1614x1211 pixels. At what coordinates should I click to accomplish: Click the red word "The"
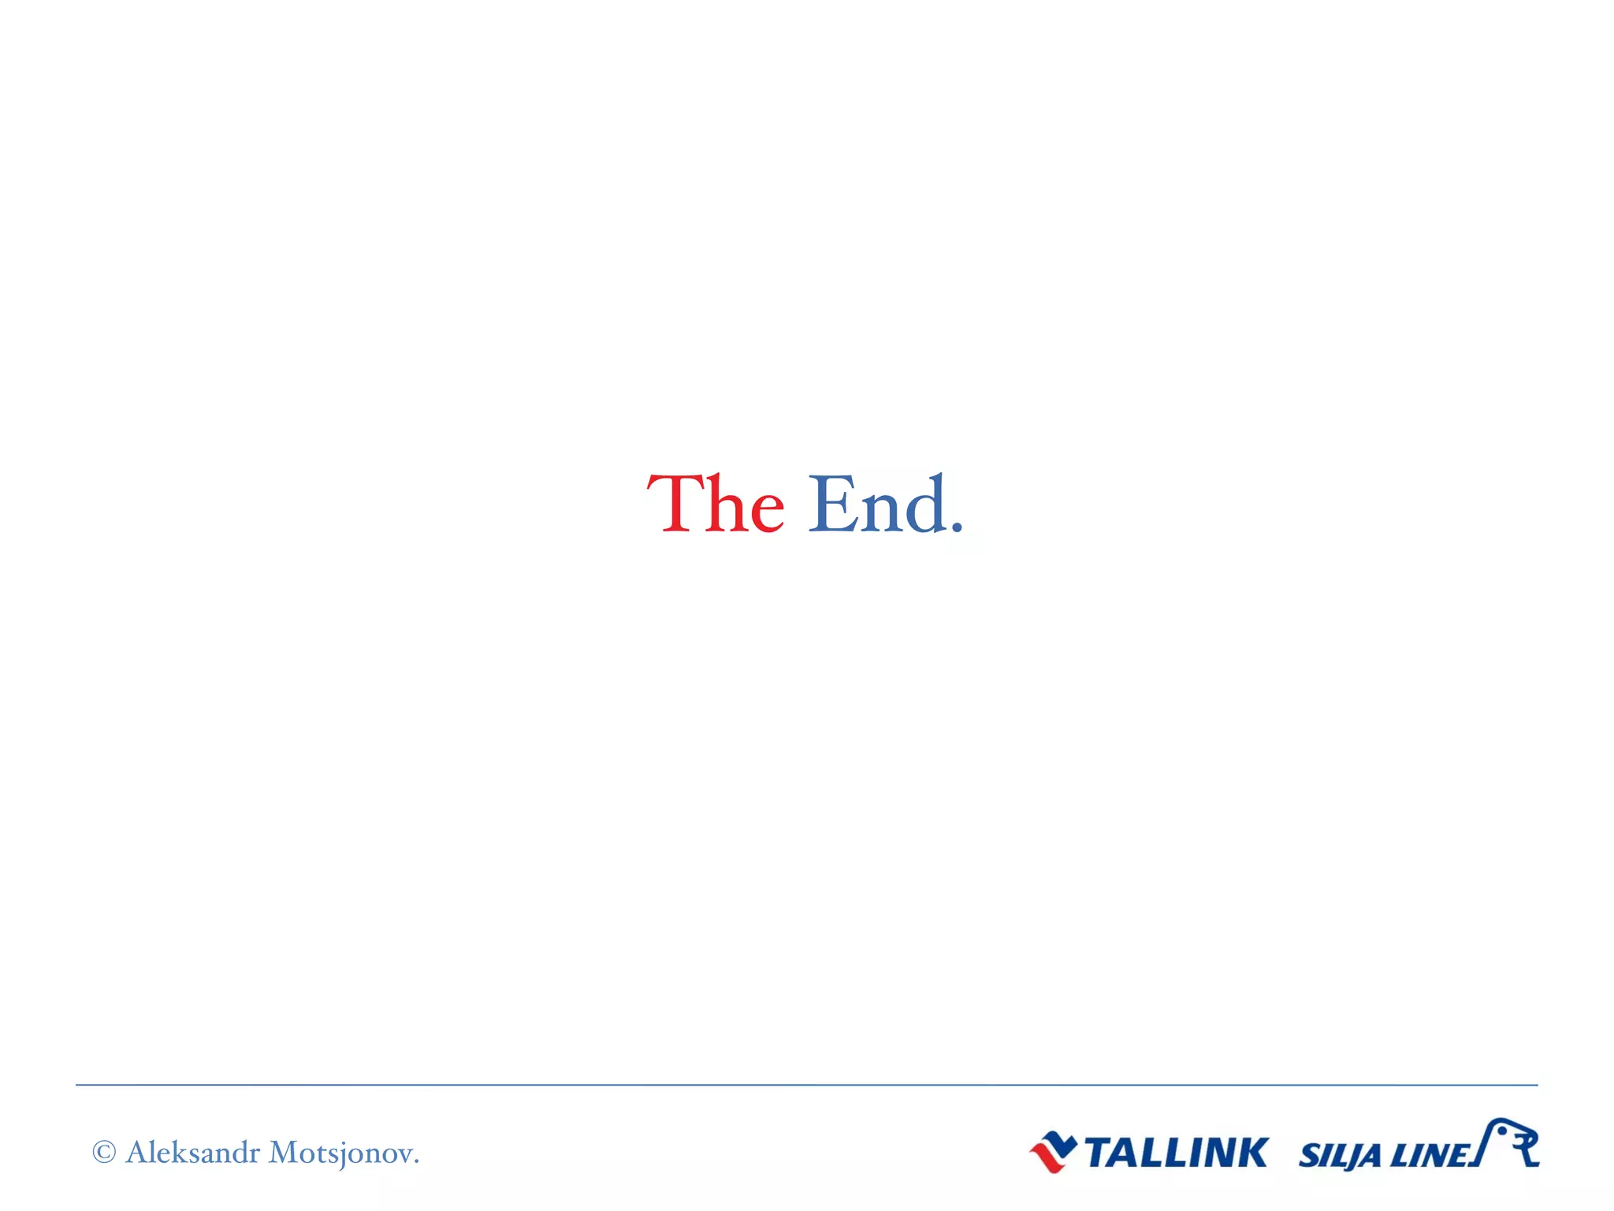716,505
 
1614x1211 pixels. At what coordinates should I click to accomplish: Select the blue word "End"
876,505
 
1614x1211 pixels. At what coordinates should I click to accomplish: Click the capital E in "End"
831,505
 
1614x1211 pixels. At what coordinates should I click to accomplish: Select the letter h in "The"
723,505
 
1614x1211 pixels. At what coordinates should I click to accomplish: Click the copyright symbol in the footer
104,1153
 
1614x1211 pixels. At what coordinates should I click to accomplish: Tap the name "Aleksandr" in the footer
193,1153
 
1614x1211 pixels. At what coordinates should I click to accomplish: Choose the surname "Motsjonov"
340,1153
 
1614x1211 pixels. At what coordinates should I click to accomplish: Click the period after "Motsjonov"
416,1161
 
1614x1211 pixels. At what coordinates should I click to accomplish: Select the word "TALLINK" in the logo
1176,1153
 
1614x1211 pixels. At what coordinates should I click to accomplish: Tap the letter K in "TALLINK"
1251,1153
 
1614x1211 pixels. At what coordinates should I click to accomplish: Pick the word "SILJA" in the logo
1339,1157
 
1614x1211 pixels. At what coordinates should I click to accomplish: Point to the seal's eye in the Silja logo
1502,1131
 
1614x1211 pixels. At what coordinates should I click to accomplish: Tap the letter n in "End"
880,512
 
